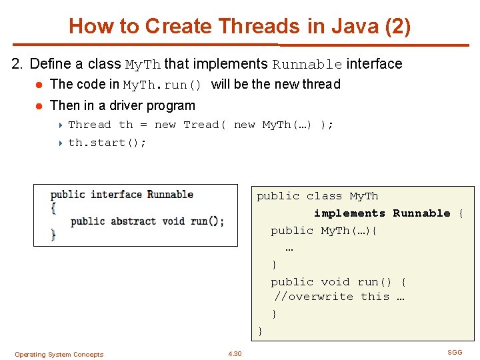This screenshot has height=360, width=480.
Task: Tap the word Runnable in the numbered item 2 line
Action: pyautogui.click(x=307, y=65)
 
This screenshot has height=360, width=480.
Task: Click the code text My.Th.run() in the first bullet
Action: pyautogui.click(x=162, y=85)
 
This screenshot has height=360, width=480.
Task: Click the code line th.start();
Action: pyautogui.click(x=107, y=143)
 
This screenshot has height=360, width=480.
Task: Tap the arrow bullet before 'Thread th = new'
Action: pyautogui.click(x=61, y=125)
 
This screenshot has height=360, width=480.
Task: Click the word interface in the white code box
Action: pyautogui.click(x=117, y=195)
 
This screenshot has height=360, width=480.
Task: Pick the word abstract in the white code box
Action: pyautogui.click(x=133, y=221)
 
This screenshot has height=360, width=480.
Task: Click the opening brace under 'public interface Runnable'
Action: pyautogui.click(x=53, y=207)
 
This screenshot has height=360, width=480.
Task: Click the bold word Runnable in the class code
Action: pyautogui.click(x=421, y=213)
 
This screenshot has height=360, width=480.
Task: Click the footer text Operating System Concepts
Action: pyautogui.click(x=59, y=355)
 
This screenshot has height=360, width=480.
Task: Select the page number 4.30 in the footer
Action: pyautogui.click(x=235, y=354)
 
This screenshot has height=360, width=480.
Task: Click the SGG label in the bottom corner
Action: pyautogui.click(x=454, y=352)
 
